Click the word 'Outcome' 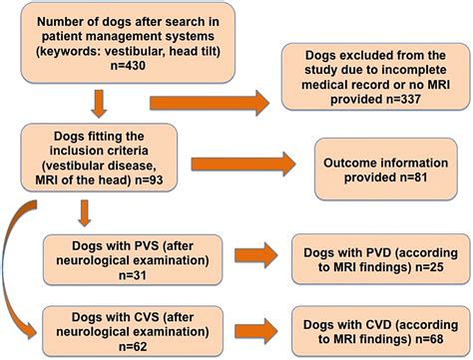(x=352, y=162)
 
